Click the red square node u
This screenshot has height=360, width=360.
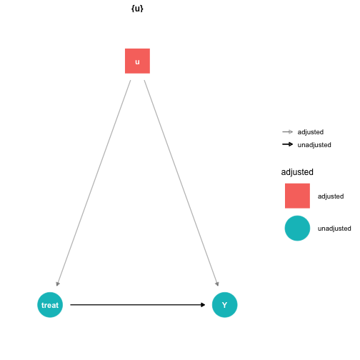click(x=137, y=61)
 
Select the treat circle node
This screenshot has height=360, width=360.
click(x=50, y=305)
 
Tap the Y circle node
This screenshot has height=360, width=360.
click(x=224, y=305)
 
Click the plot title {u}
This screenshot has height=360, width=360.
click(x=137, y=9)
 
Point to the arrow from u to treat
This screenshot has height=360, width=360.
click(x=94, y=183)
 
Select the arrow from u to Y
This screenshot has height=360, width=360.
click(x=181, y=183)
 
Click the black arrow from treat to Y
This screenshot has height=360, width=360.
click(x=138, y=305)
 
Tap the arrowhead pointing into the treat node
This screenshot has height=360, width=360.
click(x=58, y=284)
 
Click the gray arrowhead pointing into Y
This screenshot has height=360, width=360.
click(x=217, y=284)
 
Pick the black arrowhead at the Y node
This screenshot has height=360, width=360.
click(x=203, y=305)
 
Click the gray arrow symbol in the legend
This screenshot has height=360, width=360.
click(x=287, y=131)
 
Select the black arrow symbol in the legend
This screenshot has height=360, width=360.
click(x=287, y=144)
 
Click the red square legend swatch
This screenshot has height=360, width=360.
click(x=297, y=196)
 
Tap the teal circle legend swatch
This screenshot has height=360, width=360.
click(x=297, y=228)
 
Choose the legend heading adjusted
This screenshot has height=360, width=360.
click(x=297, y=172)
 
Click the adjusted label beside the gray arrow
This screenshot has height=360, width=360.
click(x=311, y=132)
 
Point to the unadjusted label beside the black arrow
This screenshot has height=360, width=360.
click(x=314, y=145)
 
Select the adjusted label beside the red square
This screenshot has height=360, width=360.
click(x=331, y=196)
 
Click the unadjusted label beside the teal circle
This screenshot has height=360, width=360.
click(x=334, y=229)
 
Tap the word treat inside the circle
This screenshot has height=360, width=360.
click(x=50, y=305)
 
